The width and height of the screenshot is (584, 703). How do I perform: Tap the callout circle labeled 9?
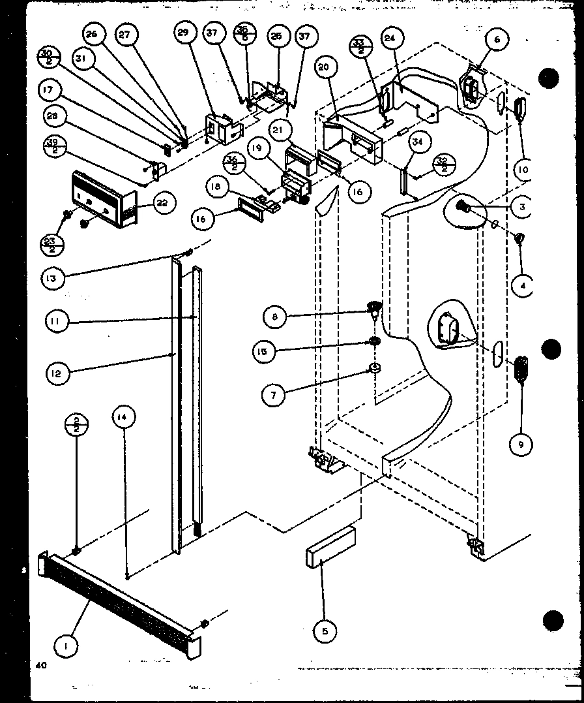point(521,445)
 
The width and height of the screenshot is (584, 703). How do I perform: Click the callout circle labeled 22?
point(161,204)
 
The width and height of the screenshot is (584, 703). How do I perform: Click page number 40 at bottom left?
point(42,665)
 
